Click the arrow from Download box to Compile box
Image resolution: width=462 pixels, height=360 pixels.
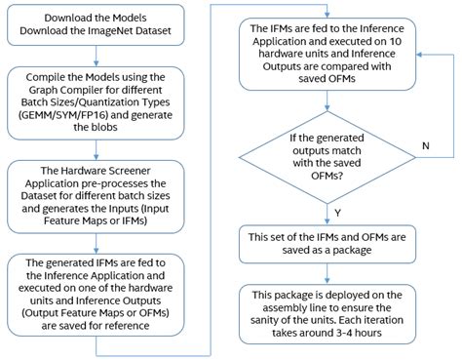pos(105,57)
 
